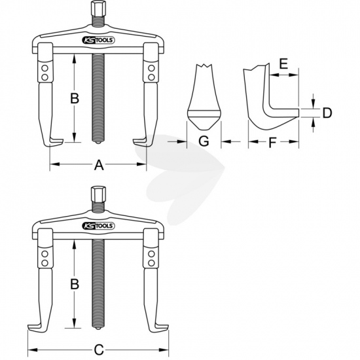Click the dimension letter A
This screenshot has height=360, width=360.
point(99,165)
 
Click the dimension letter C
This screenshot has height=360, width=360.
point(99,350)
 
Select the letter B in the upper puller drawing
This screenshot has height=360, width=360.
point(75,98)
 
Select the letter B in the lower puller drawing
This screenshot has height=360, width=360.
point(75,284)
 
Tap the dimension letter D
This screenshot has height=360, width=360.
point(327,113)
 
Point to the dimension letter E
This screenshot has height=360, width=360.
point(284,63)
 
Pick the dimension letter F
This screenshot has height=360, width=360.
point(272,143)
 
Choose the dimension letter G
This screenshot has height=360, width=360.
point(204,141)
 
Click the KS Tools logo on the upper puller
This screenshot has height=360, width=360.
point(98,40)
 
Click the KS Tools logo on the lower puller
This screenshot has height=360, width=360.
point(98,226)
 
